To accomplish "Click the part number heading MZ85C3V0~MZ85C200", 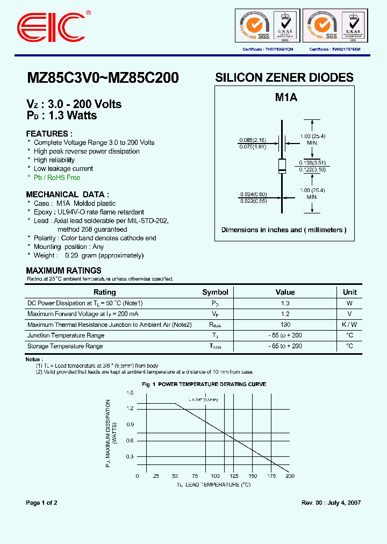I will pyautogui.click(x=103, y=78).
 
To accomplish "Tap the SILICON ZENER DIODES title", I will pyautogui.click(x=284, y=77).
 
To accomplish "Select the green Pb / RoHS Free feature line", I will pyautogui.click(x=56, y=177).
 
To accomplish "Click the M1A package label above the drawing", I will pyautogui.click(x=286, y=97).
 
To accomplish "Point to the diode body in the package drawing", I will pyautogui.click(x=281, y=166).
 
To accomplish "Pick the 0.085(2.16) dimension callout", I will pyautogui.click(x=252, y=141).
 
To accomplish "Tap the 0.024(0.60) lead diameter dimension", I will pyautogui.click(x=252, y=195).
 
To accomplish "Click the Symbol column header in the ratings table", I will pyautogui.click(x=215, y=292).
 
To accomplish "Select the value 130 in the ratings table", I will pyautogui.click(x=285, y=325).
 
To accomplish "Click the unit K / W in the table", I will pyautogui.click(x=350, y=325).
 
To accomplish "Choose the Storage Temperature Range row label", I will pyautogui.click(x=65, y=346).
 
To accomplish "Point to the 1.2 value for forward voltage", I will pyautogui.click(x=285, y=314).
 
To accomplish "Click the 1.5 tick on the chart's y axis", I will pyautogui.click(x=130, y=393).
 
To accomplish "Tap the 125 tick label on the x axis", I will pyautogui.click(x=234, y=476).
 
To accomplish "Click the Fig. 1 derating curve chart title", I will pyautogui.click(x=204, y=384).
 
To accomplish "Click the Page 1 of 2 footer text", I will pyautogui.click(x=42, y=503).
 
